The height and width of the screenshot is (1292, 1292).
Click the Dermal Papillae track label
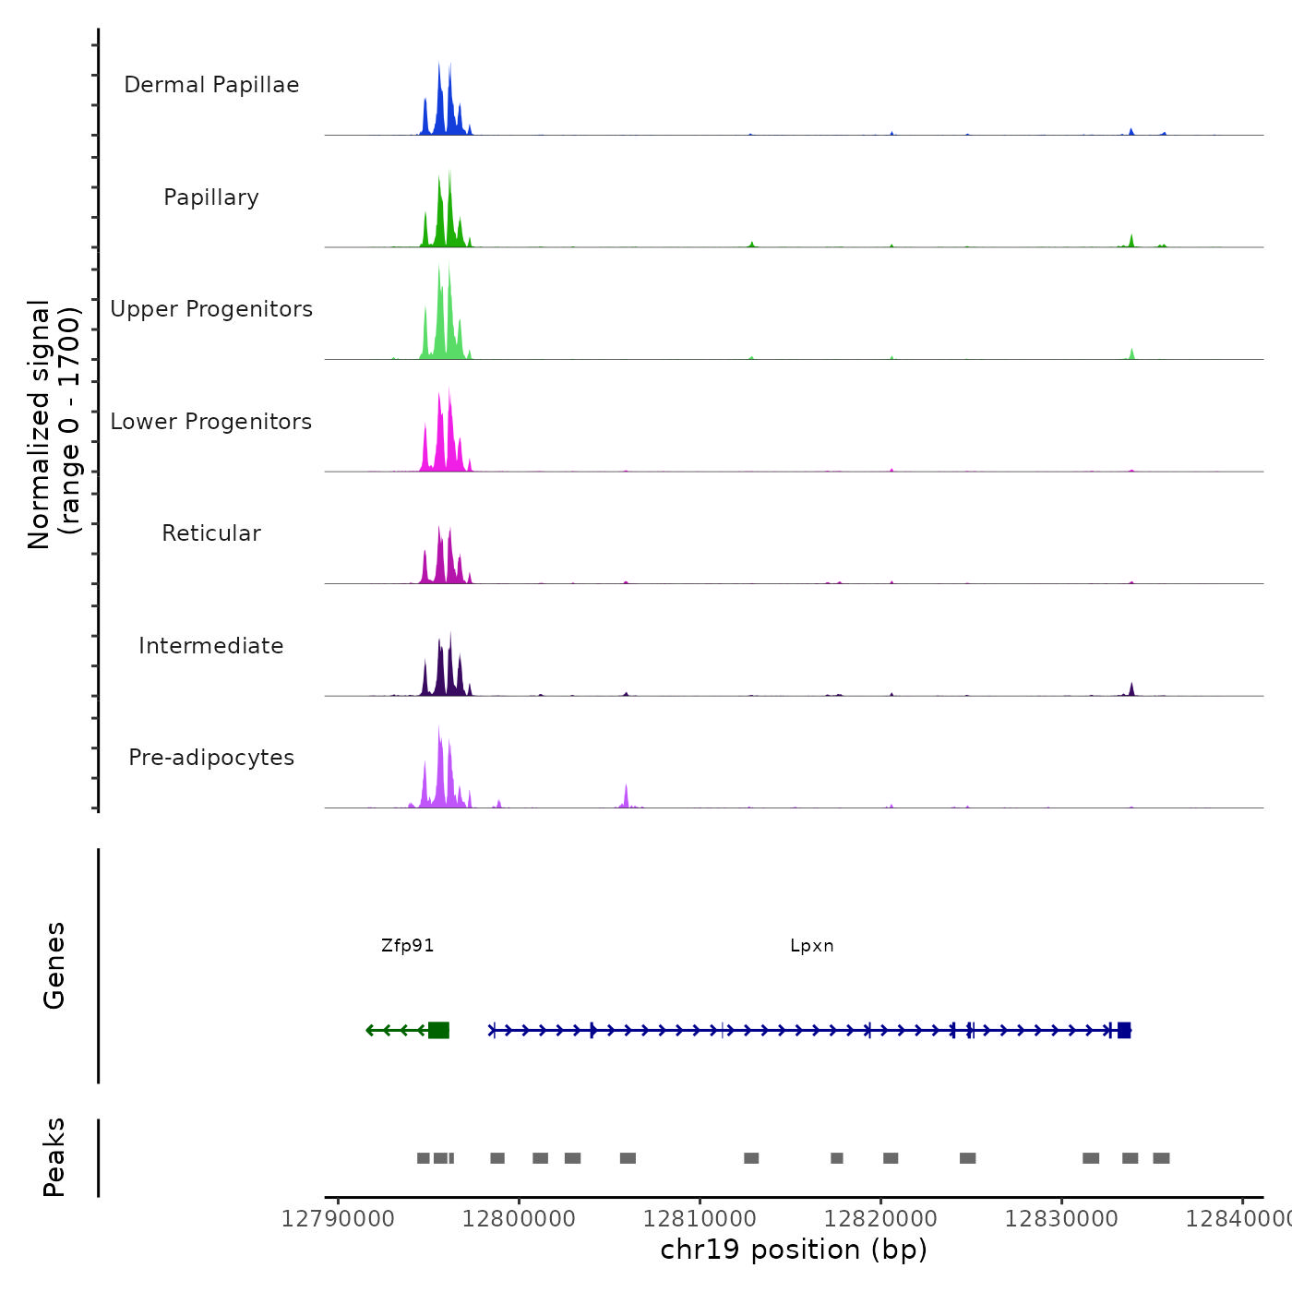(x=211, y=85)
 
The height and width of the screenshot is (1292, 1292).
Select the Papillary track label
(x=211, y=197)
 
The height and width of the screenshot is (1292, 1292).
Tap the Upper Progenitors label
(x=211, y=309)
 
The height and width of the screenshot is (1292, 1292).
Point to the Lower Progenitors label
(x=211, y=422)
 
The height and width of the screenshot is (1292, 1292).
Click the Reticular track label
(x=211, y=533)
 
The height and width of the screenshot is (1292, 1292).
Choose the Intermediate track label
(x=211, y=646)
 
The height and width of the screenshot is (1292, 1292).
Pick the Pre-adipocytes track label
(x=211, y=758)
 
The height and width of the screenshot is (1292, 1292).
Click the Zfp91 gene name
(x=407, y=946)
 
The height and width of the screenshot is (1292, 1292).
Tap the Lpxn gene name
(x=812, y=946)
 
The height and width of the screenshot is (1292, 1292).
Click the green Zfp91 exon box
(x=438, y=1030)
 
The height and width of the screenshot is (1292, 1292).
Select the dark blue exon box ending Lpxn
(x=1124, y=1030)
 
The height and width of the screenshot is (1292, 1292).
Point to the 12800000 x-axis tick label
(x=519, y=1219)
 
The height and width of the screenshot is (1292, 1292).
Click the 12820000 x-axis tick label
(x=880, y=1219)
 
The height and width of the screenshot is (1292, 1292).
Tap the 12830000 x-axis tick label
(x=1061, y=1219)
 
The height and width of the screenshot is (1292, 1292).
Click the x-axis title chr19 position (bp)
(x=794, y=1250)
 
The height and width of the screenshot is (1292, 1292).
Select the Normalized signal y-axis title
(x=54, y=424)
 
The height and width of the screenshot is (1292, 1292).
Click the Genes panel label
(x=54, y=965)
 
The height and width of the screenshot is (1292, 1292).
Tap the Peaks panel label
(x=54, y=1157)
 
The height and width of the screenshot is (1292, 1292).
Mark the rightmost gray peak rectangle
(x=1161, y=1158)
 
